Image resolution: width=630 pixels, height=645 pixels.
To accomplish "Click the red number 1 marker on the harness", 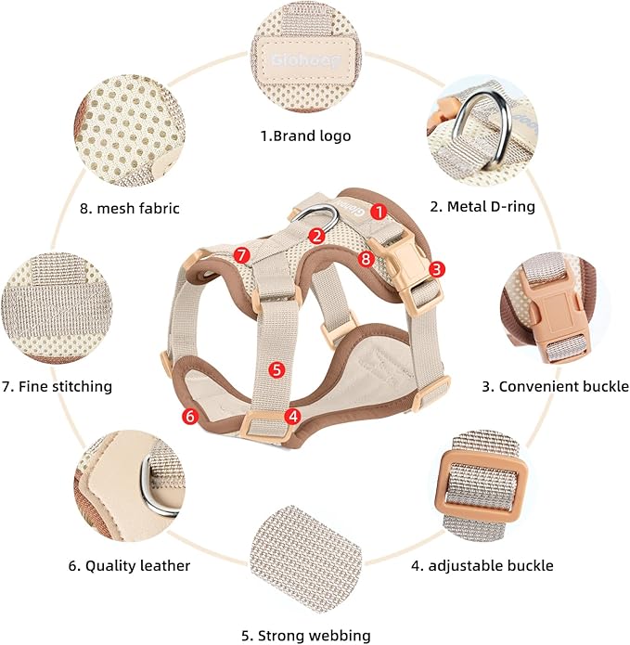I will (x=378, y=211).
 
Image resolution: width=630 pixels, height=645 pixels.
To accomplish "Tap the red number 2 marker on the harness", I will (x=316, y=236).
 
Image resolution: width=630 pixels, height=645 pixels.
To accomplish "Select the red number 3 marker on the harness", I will (x=436, y=269).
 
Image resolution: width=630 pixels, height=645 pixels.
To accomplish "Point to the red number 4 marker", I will (x=293, y=416).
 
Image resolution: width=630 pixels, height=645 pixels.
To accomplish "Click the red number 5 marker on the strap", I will (x=275, y=369).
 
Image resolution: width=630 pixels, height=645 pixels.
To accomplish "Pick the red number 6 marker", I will (x=190, y=417).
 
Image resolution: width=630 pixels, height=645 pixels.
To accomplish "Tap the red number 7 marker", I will (x=241, y=253).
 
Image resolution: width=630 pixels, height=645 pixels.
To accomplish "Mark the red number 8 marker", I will (x=366, y=260).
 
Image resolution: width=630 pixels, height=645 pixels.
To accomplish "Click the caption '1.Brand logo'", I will (x=305, y=135).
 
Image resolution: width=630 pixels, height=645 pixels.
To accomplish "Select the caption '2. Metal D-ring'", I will (x=482, y=206).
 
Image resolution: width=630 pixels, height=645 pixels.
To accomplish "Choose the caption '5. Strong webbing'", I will (x=305, y=636).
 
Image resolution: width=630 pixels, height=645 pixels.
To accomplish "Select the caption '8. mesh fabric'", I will (x=130, y=209).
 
